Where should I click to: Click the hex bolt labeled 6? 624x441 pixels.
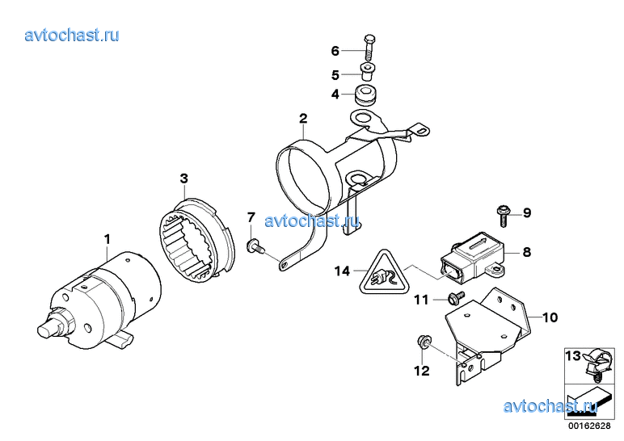(x=369, y=48)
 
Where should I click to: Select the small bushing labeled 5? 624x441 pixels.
(x=368, y=72)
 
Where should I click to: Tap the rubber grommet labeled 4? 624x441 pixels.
(x=365, y=95)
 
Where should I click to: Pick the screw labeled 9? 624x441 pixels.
(x=503, y=215)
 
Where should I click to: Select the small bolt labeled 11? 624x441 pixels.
(x=456, y=297)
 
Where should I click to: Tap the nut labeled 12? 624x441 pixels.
(x=423, y=342)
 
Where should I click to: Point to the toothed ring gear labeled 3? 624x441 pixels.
(x=197, y=241)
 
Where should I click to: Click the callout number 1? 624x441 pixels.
(x=107, y=239)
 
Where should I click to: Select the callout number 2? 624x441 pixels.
(x=303, y=118)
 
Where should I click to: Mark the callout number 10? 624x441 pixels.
(x=550, y=317)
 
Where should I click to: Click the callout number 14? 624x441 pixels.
(x=342, y=271)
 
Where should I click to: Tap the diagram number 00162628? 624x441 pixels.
(x=589, y=426)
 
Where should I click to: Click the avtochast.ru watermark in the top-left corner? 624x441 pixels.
(x=72, y=35)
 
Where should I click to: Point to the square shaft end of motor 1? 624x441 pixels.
(x=48, y=330)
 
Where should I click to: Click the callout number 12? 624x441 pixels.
(x=422, y=371)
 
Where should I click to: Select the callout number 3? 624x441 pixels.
(x=183, y=178)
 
